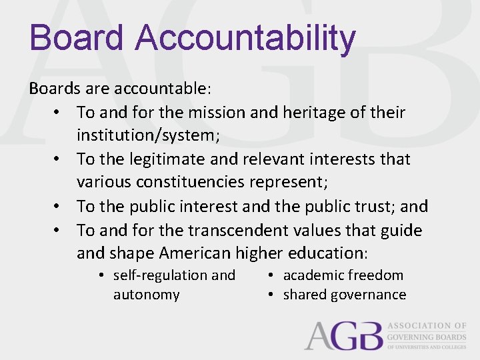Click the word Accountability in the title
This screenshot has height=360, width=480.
[x=245, y=38]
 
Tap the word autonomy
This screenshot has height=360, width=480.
[x=146, y=295]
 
